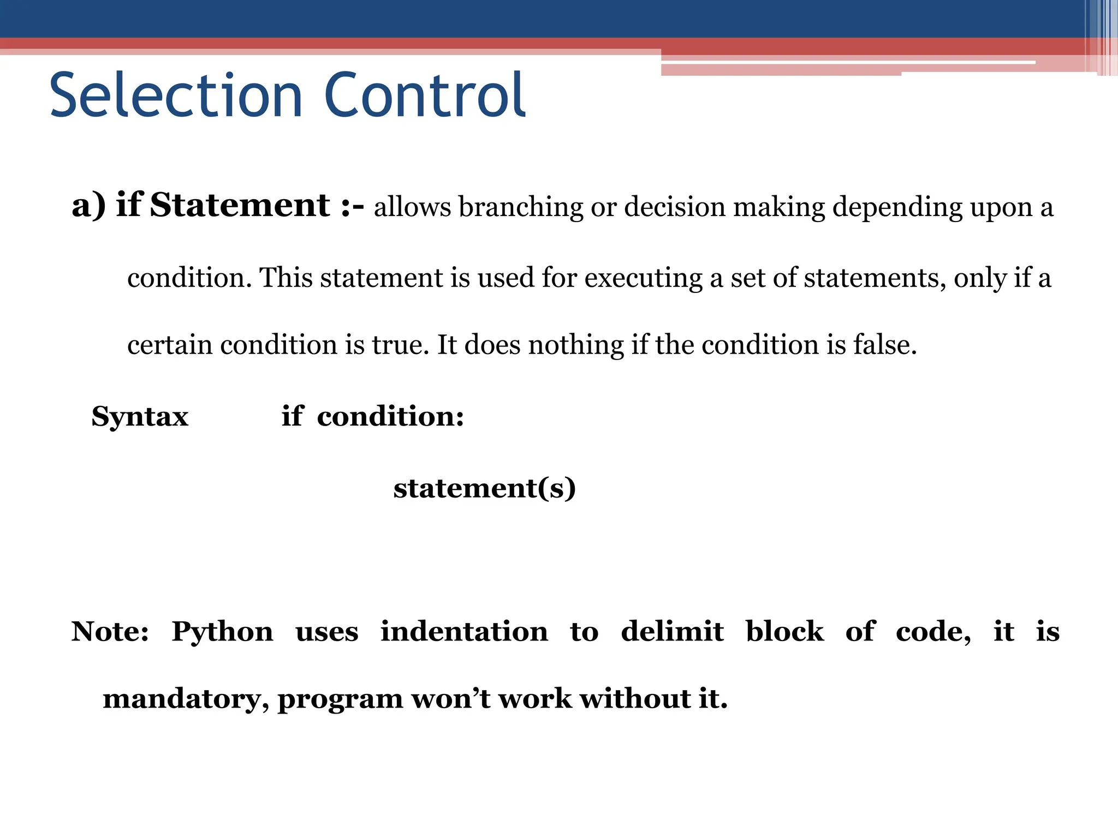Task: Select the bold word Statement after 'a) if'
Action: tap(240, 206)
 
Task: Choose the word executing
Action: tap(643, 278)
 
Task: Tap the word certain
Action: tap(169, 345)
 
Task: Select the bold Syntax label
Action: tap(140, 417)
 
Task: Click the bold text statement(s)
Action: tap(484, 488)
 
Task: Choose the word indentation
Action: tap(464, 632)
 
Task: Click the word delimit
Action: tap(672, 632)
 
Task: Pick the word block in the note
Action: tap(784, 632)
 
